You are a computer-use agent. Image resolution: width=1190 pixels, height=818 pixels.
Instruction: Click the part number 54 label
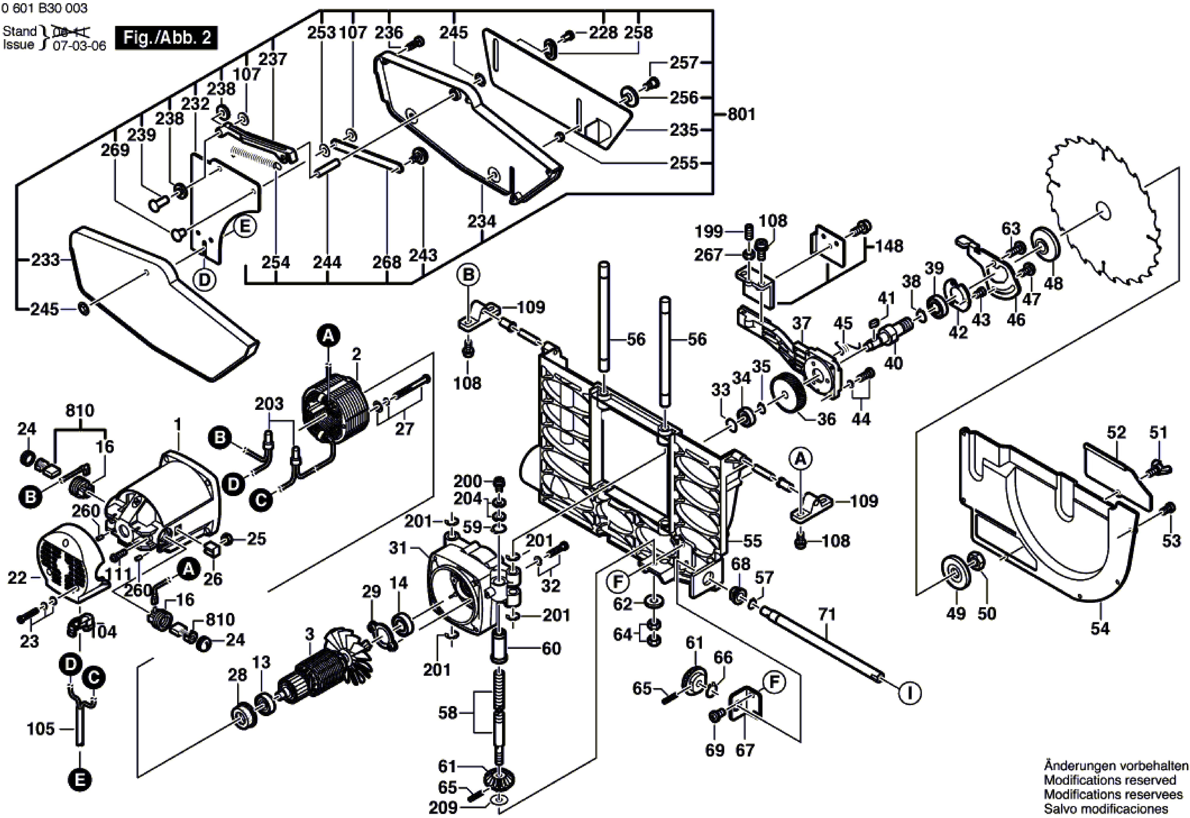1100,629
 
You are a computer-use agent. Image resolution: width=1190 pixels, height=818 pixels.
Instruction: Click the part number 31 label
398,548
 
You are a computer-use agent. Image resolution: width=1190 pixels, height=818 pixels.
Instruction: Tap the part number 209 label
443,808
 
